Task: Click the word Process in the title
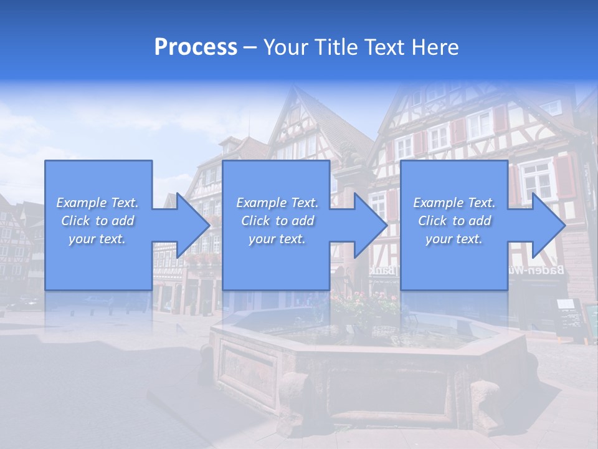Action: click(196, 47)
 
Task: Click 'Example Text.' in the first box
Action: click(98, 203)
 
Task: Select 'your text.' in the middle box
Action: click(277, 239)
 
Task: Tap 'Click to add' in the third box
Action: click(454, 221)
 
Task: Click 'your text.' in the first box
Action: click(98, 239)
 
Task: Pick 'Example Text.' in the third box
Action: click(454, 203)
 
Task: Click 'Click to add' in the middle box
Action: click(277, 221)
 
